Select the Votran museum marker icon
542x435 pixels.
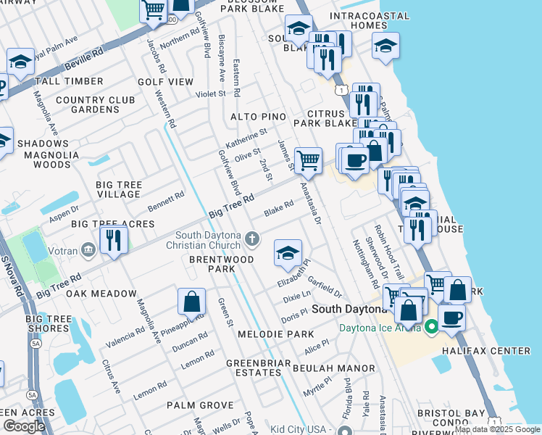tap(88, 250)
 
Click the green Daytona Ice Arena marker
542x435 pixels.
tap(433, 327)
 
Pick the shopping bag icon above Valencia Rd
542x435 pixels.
tap(191, 302)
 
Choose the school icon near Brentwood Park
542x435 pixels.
tap(288, 253)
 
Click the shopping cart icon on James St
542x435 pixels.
tap(309, 160)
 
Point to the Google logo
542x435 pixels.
tap(24, 426)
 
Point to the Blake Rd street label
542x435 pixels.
tap(278, 208)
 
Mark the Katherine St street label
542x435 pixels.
tap(246, 136)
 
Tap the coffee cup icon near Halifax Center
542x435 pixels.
tap(451, 317)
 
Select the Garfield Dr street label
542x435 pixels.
tap(324, 286)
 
